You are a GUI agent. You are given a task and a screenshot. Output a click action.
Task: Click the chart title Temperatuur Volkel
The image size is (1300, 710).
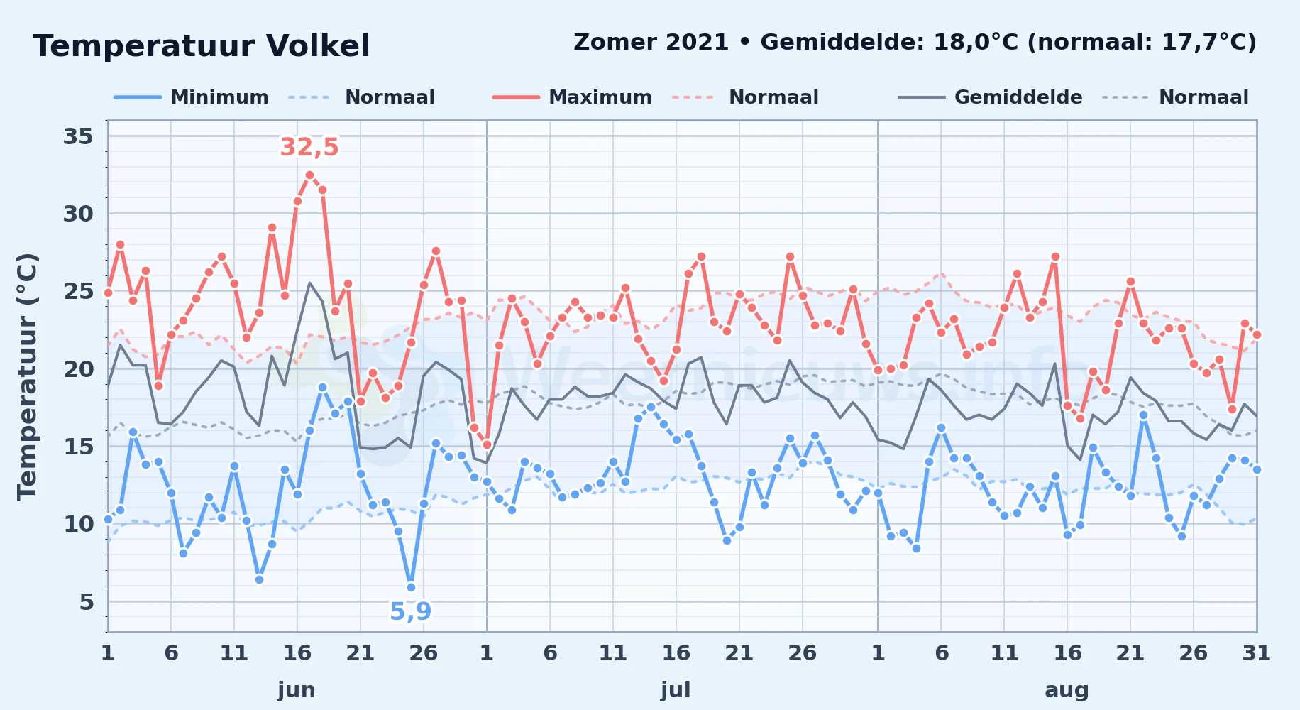point(202,46)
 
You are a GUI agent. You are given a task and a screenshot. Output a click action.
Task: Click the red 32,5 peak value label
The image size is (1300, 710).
point(309,147)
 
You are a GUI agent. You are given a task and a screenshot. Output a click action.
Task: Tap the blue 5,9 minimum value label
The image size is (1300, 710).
point(410,611)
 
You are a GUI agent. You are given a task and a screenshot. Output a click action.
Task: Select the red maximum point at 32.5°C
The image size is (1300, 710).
point(309,175)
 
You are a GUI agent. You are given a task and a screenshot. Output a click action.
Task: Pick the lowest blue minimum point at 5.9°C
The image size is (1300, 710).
point(411,587)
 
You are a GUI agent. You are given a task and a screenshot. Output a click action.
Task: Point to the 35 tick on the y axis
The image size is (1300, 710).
point(78,136)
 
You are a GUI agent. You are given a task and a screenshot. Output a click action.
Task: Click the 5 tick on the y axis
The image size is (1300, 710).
point(86,602)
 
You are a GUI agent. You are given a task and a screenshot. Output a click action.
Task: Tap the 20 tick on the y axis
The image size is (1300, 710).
point(78,369)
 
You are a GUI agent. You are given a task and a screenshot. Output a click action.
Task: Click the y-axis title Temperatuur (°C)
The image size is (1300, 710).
point(27,376)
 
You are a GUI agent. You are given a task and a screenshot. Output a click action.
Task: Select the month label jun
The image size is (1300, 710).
point(297,690)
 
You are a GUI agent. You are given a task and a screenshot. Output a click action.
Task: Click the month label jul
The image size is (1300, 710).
point(676,690)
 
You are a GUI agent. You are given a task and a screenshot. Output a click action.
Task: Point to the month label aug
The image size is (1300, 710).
point(1067,690)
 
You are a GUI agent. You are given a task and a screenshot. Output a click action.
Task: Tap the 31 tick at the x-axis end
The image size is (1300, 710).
point(1256,653)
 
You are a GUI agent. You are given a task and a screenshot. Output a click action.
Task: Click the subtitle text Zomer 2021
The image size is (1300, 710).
point(651,42)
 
